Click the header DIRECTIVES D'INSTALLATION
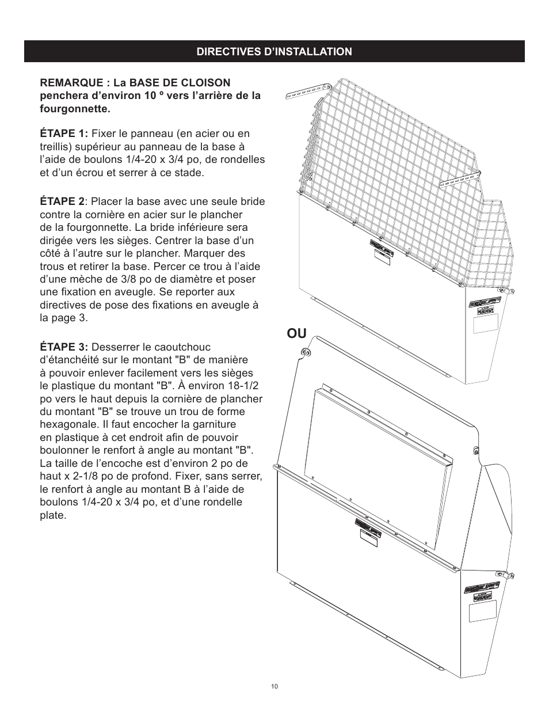pos(274,52)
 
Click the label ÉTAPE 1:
pos(64,134)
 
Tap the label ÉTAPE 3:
pos(64,347)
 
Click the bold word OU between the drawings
pos(297,333)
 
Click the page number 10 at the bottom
pos(274,686)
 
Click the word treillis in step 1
pos(56,147)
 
